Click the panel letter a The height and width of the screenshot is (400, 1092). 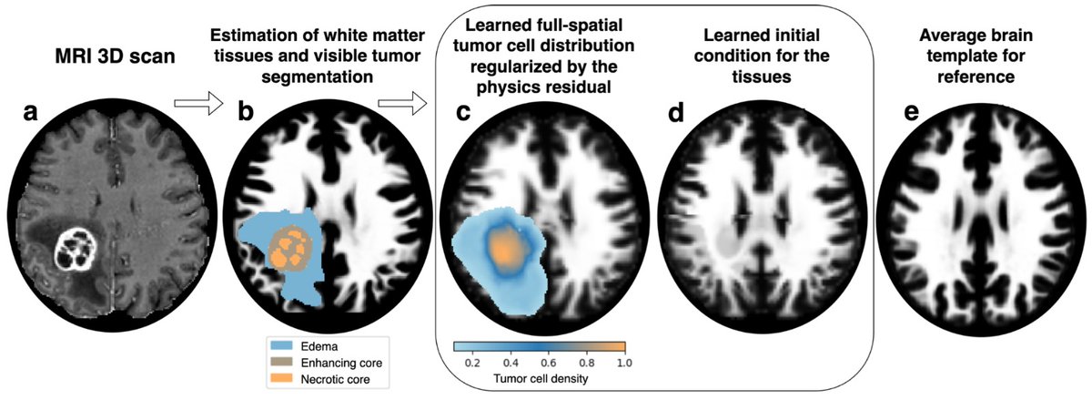tap(30, 112)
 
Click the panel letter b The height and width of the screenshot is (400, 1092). tap(246, 111)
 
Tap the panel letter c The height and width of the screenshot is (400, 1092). tap(463, 112)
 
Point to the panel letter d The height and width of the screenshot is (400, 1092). tap(676, 111)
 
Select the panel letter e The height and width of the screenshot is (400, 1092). tap(911, 112)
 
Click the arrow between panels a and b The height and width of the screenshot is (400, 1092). tap(198, 103)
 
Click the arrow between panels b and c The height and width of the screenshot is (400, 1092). tap(402, 103)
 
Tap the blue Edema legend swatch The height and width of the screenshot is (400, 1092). tap(282, 345)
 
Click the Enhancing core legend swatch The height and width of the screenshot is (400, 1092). tap(282, 362)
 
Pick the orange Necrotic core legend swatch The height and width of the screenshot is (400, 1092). tap(282, 378)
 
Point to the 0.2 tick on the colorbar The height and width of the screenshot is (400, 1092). tap(472, 364)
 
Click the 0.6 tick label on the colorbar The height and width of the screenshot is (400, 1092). tap(549, 364)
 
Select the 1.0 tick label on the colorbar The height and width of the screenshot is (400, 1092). tap(624, 364)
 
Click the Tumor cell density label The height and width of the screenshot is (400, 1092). tap(541, 379)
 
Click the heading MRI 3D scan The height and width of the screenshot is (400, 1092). tap(115, 56)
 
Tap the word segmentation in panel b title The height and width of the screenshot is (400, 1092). tap(318, 77)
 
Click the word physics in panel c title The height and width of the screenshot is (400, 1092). tap(510, 87)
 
